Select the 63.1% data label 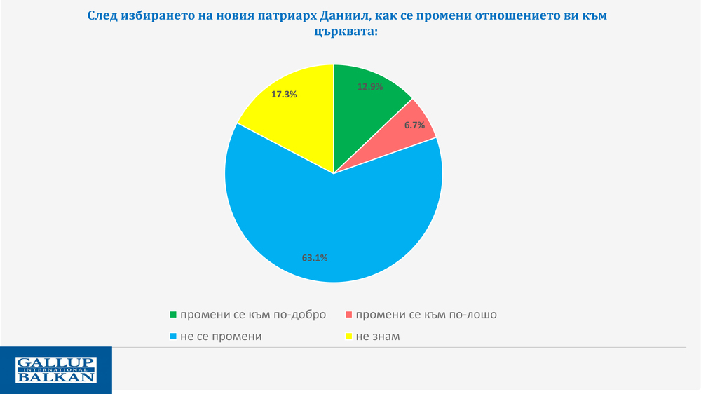[315, 257]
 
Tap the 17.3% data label [284, 93]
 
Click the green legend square [174, 315]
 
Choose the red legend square [350, 315]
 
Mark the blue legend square [174, 337]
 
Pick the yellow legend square [350, 337]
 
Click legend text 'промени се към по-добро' [253, 314]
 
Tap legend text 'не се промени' [221, 336]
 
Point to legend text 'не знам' [378, 336]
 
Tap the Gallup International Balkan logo [55, 370]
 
